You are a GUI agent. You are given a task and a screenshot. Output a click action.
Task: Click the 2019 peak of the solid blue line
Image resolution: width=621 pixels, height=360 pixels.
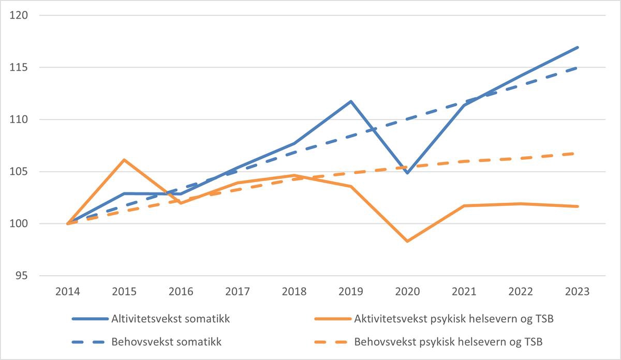[351, 101]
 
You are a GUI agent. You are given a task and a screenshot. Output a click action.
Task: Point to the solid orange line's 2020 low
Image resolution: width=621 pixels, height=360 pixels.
[407, 241]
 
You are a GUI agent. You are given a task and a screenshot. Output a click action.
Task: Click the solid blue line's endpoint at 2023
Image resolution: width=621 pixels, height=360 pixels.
[577, 48]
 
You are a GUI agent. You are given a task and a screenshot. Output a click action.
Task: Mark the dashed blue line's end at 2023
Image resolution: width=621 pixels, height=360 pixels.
[577, 68]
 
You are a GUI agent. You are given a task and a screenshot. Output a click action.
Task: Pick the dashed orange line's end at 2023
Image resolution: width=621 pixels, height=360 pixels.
[577, 153]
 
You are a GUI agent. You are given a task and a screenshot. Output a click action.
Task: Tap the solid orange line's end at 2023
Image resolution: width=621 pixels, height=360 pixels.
[577, 206]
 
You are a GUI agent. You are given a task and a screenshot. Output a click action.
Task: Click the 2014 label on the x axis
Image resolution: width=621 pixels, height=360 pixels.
[68, 292]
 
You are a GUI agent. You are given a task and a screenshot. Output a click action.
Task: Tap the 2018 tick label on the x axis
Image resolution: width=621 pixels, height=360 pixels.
[294, 292]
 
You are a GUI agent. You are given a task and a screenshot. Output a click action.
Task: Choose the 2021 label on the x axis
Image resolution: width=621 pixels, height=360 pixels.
[464, 292]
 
